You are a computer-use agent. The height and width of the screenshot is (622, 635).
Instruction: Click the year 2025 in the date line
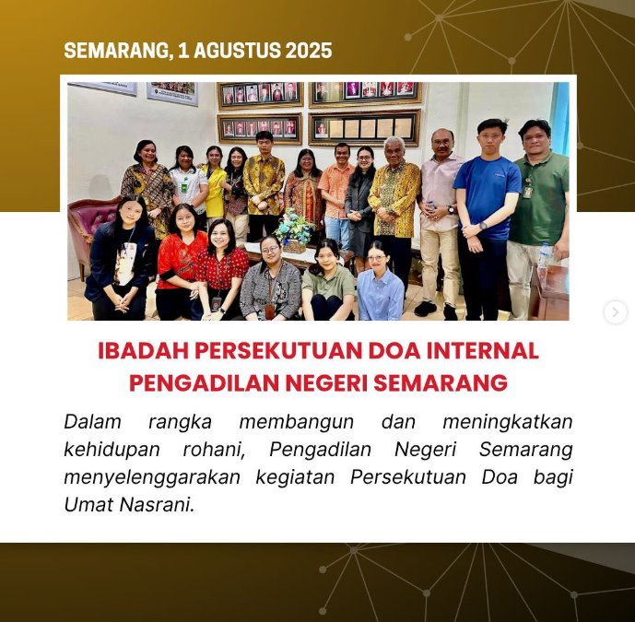pyautogui.click(x=309, y=51)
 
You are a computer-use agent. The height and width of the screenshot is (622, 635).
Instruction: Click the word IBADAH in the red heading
pyautogui.click(x=144, y=351)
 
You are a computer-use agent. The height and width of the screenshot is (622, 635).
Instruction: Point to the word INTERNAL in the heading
pyautogui.click(x=483, y=351)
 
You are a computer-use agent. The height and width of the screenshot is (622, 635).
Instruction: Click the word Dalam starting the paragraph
pyautogui.click(x=93, y=421)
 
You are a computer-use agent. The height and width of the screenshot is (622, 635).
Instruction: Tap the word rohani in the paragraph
pyautogui.click(x=214, y=450)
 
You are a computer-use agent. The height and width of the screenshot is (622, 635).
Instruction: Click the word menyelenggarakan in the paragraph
pyautogui.click(x=152, y=478)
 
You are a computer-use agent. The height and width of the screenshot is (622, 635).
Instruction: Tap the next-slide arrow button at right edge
pyautogui.click(x=616, y=312)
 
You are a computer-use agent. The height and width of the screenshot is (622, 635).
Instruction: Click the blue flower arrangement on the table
pyautogui.click(x=294, y=228)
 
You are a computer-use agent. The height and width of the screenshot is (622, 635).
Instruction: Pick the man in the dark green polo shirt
pyautogui.click(x=536, y=215)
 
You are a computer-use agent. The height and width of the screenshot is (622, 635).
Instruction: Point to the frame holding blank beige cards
pyautogui.click(x=364, y=127)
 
